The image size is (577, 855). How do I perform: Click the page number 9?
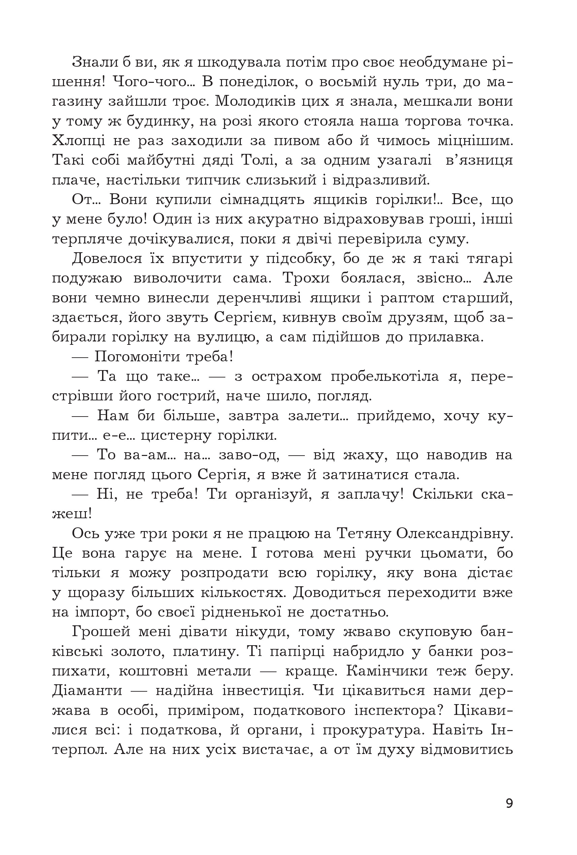[509, 803]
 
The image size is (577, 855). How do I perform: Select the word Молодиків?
[255, 101]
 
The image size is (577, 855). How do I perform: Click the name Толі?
[256, 160]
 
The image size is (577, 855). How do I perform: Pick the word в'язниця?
[479, 160]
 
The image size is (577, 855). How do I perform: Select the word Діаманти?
[87, 691]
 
